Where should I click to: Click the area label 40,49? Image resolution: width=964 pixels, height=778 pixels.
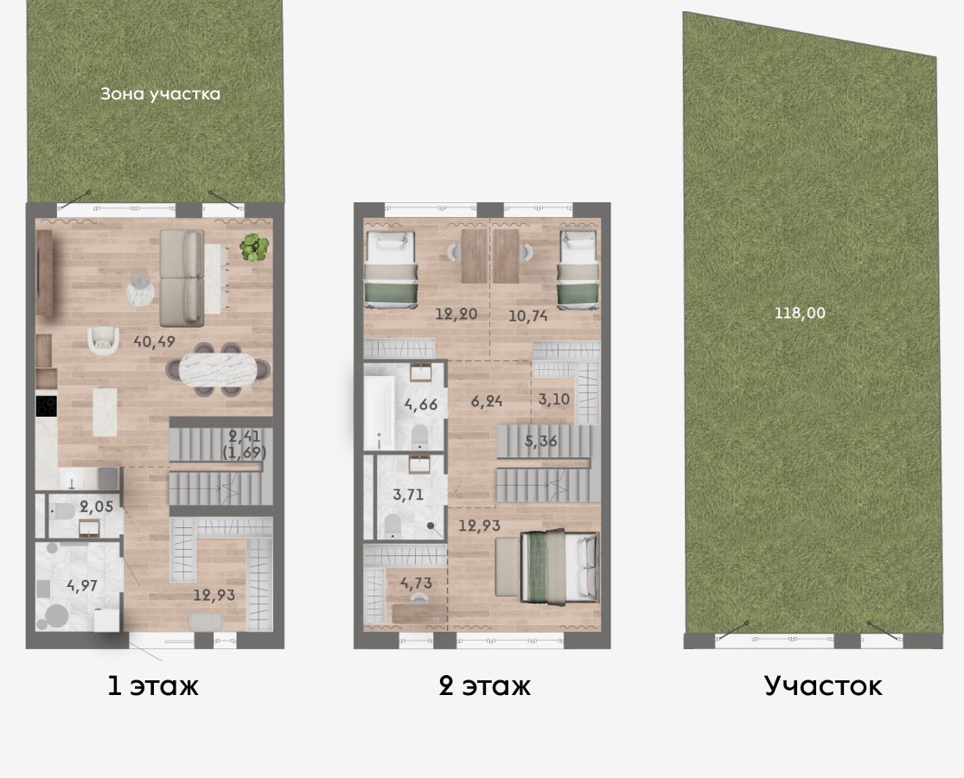pos(154,341)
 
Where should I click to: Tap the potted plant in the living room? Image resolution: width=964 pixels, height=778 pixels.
pos(254,247)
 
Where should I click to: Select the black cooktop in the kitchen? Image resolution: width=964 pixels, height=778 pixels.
pos(46,405)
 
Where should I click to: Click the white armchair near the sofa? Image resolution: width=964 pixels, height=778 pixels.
pos(103,341)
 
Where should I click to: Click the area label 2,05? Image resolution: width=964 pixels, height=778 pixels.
pos(97,507)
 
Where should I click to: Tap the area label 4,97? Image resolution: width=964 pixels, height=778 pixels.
pos(82,585)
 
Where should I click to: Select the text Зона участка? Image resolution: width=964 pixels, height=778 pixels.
pos(160,94)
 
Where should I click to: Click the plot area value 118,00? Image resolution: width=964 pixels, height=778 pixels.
pos(800,313)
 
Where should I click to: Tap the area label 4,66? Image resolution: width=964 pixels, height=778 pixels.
pos(420,405)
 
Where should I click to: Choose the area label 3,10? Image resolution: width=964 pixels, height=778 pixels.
pos(554,399)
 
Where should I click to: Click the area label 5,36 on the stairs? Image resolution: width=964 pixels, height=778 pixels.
pos(541,440)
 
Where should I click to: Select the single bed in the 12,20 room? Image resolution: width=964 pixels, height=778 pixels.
pos(392,268)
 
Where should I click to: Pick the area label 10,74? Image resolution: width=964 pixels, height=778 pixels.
pos(528,316)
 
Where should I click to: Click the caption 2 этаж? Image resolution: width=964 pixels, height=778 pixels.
pos(484,686)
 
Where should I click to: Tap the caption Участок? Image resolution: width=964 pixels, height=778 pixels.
pos(823,686)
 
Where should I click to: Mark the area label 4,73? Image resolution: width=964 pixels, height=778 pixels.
pos(416,583)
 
